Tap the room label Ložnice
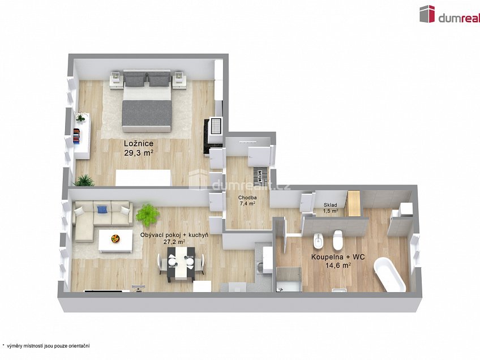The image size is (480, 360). click(x=139, y=144)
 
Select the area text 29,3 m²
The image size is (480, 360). click(x=139, y=152)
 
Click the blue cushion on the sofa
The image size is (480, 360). click(x=102, y=209)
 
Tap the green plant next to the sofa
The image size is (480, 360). click(x=148, y=214)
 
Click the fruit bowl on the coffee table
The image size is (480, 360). click(x=115, y=238)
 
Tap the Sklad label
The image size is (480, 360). click(x=331, y=205)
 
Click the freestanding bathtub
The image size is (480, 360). click(x=391, y=274)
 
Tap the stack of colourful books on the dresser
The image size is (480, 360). click(x=76, y=136)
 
